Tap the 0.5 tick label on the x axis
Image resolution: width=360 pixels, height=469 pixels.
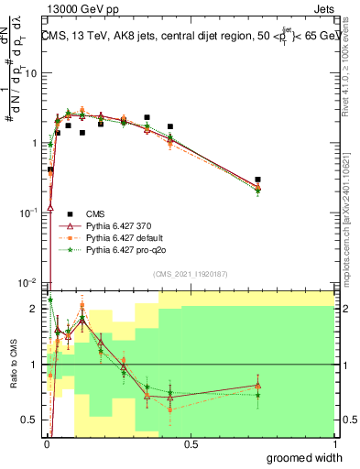pos(191,444)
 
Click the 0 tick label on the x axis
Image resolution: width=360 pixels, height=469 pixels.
pos(46,444)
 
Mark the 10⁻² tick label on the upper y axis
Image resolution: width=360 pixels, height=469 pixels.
pos(27,282)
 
